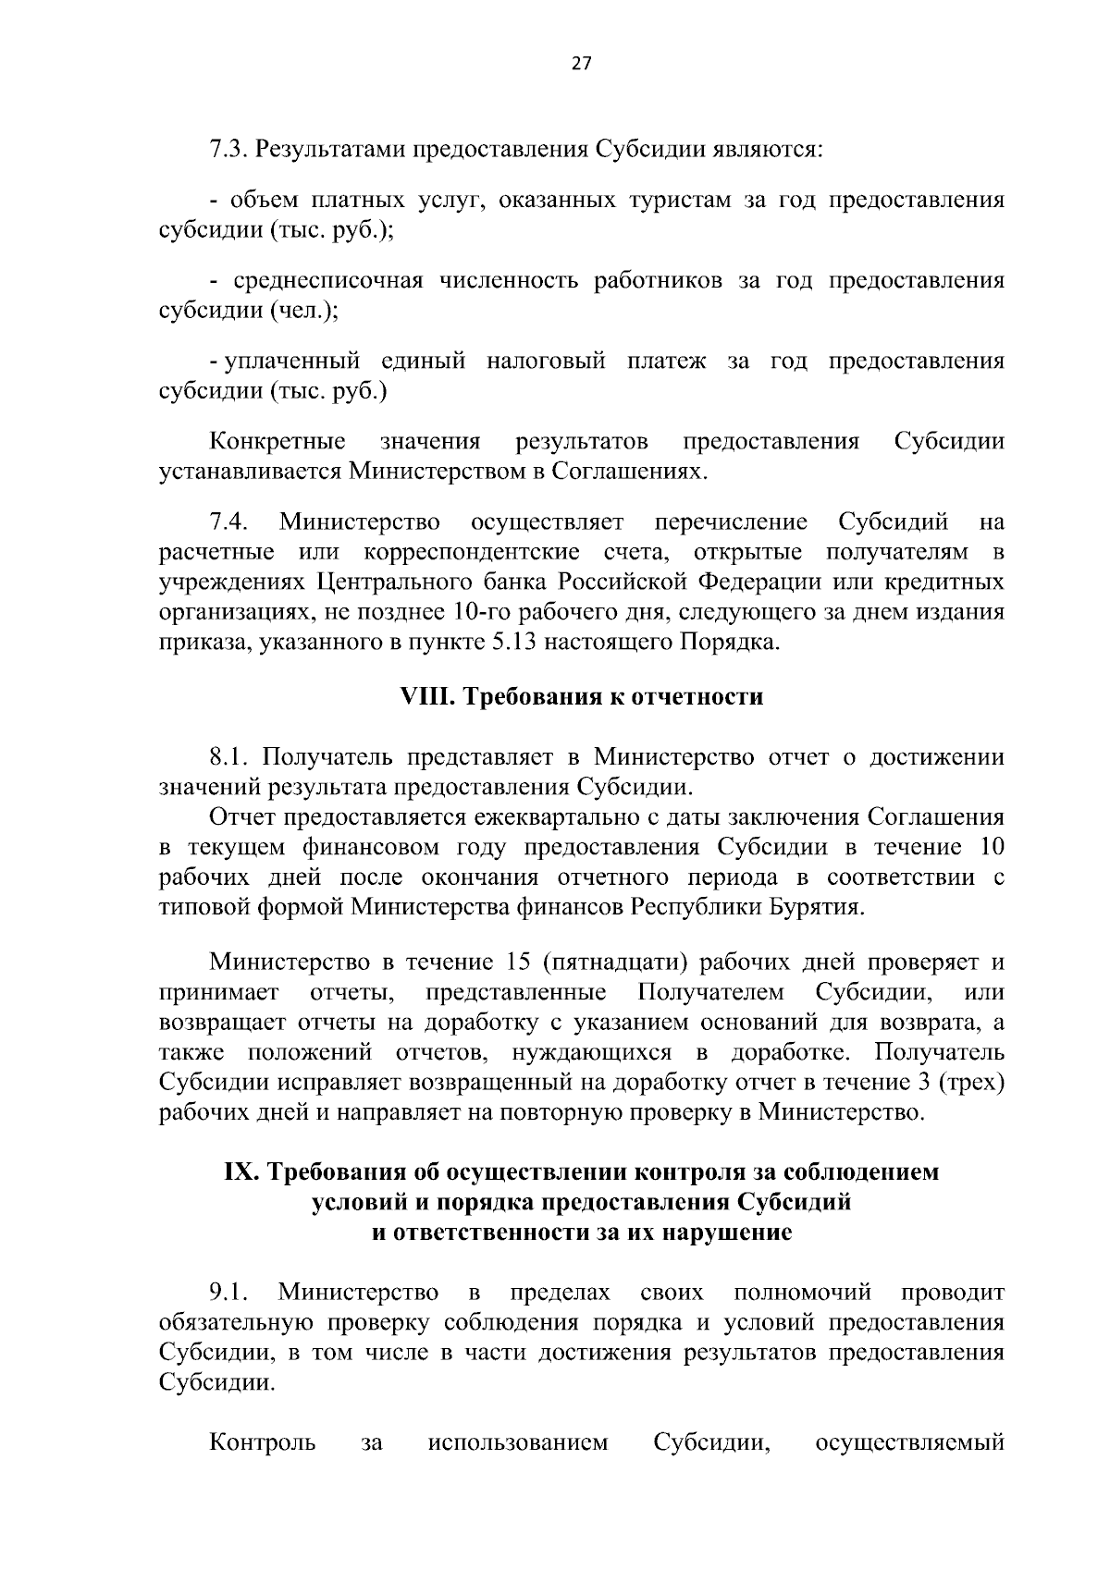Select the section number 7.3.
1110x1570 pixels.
[x=228, y=149]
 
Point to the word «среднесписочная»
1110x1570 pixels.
[x=327, y=281]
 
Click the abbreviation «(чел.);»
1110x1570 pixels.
[x=304, y=312]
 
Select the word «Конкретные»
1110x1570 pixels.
[x=277, y=441]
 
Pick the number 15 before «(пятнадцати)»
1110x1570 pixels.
[x=520, y=963]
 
